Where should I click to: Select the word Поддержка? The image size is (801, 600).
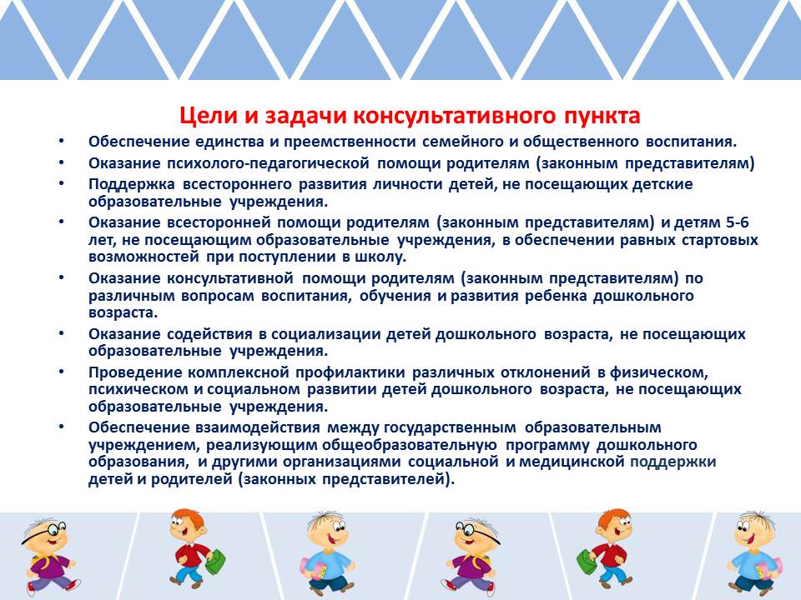pyautogui.click(x=132, y=184)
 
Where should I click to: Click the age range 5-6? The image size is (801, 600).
pyautogui.click(x=737, y=222)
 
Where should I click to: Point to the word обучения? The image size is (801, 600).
pyautogui.click(x=395, y=296)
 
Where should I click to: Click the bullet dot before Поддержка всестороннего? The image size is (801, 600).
pyautogui.click(x=61, y=182)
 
